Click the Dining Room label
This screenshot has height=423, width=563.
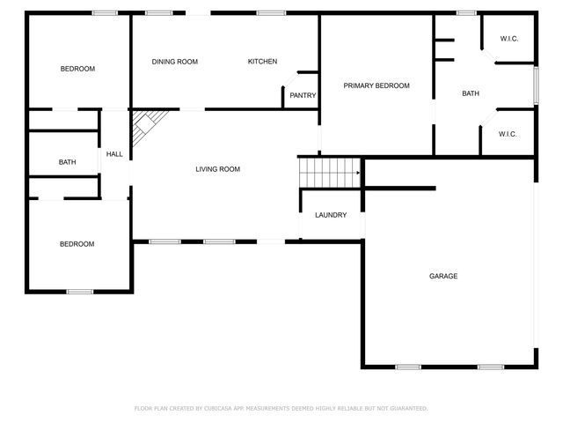pyautogui.click(x=174, y=62)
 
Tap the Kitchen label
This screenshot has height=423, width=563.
pyautogui.click(x=262, y=62)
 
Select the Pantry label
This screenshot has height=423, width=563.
pyautogui.click(x=303, y=96)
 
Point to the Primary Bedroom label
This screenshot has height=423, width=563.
pyautogui.click(x=377, y=85)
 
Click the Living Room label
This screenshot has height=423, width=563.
pyautogui.click(x=217, y=169)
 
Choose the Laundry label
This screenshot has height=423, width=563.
pyautogui.click(x=331, y=215)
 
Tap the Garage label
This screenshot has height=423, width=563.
pyautogui.click(x=443, y=277)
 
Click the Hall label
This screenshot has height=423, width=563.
pyautogui.click(x=114, y=154)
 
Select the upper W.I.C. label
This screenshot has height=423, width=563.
pyautogui.click(x=509, y=39)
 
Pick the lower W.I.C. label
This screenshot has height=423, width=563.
pyautogui.click(x=508, y=134)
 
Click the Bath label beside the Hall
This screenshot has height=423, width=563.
pyautogui.click(x=68, y=162)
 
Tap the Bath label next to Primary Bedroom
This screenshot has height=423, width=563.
pyautogui.click(x=471, y=94)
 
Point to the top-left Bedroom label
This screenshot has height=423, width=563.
pyautogui.click(x=77, y=69)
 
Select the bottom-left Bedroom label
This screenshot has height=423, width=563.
pyautogui.click(x=77, y=244)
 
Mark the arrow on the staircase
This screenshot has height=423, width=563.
pyautogui.click(x=356, y=174)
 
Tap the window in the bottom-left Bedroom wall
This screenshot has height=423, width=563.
pyautogui.click(x=80, y=292)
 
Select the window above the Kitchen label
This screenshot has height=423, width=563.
pyautogui.click(x=271, y=13)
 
